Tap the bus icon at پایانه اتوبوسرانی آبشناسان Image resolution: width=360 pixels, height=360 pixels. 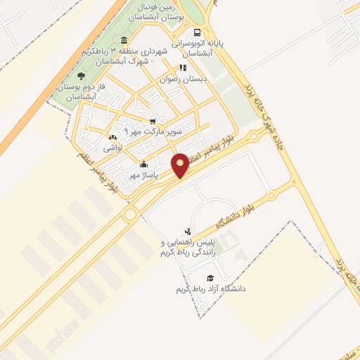coord(197,32)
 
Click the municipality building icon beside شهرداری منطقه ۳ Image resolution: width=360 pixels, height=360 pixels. coord(124,39)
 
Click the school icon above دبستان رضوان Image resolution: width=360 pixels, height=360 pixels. coord(183,68)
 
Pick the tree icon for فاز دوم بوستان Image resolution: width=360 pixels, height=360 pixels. coord(81,75)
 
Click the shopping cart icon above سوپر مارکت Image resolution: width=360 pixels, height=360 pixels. coord(153,120)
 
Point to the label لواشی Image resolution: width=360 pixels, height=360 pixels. coord(113,148)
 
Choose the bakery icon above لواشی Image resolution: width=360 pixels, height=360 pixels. coord(112,137)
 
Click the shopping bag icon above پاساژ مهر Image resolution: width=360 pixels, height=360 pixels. coord(144,165)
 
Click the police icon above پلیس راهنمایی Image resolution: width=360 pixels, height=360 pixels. coord(187,231)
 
